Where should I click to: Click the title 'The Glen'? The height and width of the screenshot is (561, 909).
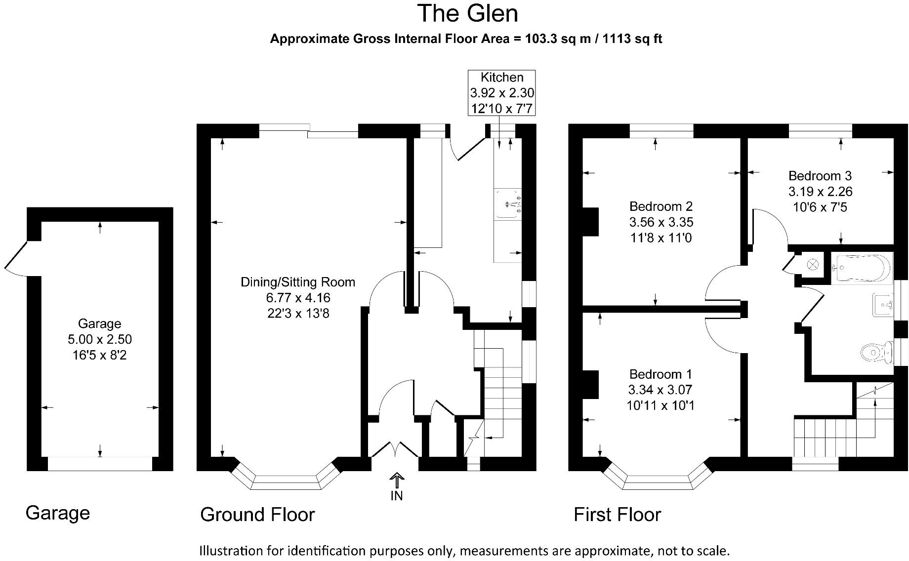click(x=467, y=13)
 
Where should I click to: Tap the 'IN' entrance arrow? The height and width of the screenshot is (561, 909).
click(x=397, y=481)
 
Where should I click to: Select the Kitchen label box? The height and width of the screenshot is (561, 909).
click(x=501, y=93)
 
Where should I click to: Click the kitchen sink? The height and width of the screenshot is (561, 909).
click(x=508, y=204)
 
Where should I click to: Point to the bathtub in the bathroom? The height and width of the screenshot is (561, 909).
click(x=862, y=268)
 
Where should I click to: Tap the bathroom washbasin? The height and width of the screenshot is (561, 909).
click(x=884, y=305)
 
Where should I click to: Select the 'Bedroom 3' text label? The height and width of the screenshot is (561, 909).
click(x=820, y=176)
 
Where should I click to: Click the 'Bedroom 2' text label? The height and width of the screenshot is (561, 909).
click(x=661, y=206)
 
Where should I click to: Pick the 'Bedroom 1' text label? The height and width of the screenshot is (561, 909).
click(x=661, y=374)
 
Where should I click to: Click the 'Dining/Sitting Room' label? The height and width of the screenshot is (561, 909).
click(x=298, y=282)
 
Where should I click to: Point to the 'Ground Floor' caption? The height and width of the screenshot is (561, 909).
click(x=257, y=515)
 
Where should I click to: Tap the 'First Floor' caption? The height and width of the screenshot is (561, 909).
click(x=617, y=515)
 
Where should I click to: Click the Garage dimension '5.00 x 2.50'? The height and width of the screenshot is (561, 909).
click(x=100, y=339)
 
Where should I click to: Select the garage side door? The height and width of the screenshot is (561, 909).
click(x=16, y=257)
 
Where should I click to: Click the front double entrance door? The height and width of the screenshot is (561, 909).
click(x=395, y=449)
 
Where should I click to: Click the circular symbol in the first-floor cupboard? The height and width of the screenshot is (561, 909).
click(x=812, y=265)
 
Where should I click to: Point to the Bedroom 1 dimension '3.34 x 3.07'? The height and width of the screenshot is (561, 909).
click(x=661, y=390)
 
